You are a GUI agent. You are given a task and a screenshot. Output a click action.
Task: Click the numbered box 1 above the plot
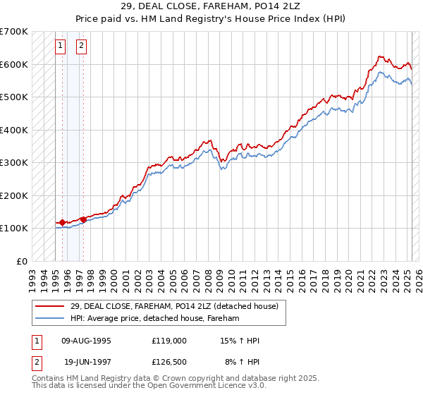[61, 47]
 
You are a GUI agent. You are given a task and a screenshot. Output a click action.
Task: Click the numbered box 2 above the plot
[82, 47]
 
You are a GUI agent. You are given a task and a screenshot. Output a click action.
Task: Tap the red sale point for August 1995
[62, 222]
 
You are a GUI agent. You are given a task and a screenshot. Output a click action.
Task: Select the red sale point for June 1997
[83, 219]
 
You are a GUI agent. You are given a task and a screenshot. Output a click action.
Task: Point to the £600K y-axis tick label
[13, 64]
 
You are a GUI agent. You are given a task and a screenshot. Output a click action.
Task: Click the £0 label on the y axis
[21, 261]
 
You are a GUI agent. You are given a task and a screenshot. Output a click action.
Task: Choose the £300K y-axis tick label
[13, 162]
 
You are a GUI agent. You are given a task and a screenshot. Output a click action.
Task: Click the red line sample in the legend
[50, 306]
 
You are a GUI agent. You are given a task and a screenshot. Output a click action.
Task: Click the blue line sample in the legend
[50, 318]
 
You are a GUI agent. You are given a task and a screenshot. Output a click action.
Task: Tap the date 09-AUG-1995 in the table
[87, 341]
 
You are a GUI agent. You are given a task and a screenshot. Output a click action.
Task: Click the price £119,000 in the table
[168, 341]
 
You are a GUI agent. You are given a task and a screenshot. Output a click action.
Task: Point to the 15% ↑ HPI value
[239, 341]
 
